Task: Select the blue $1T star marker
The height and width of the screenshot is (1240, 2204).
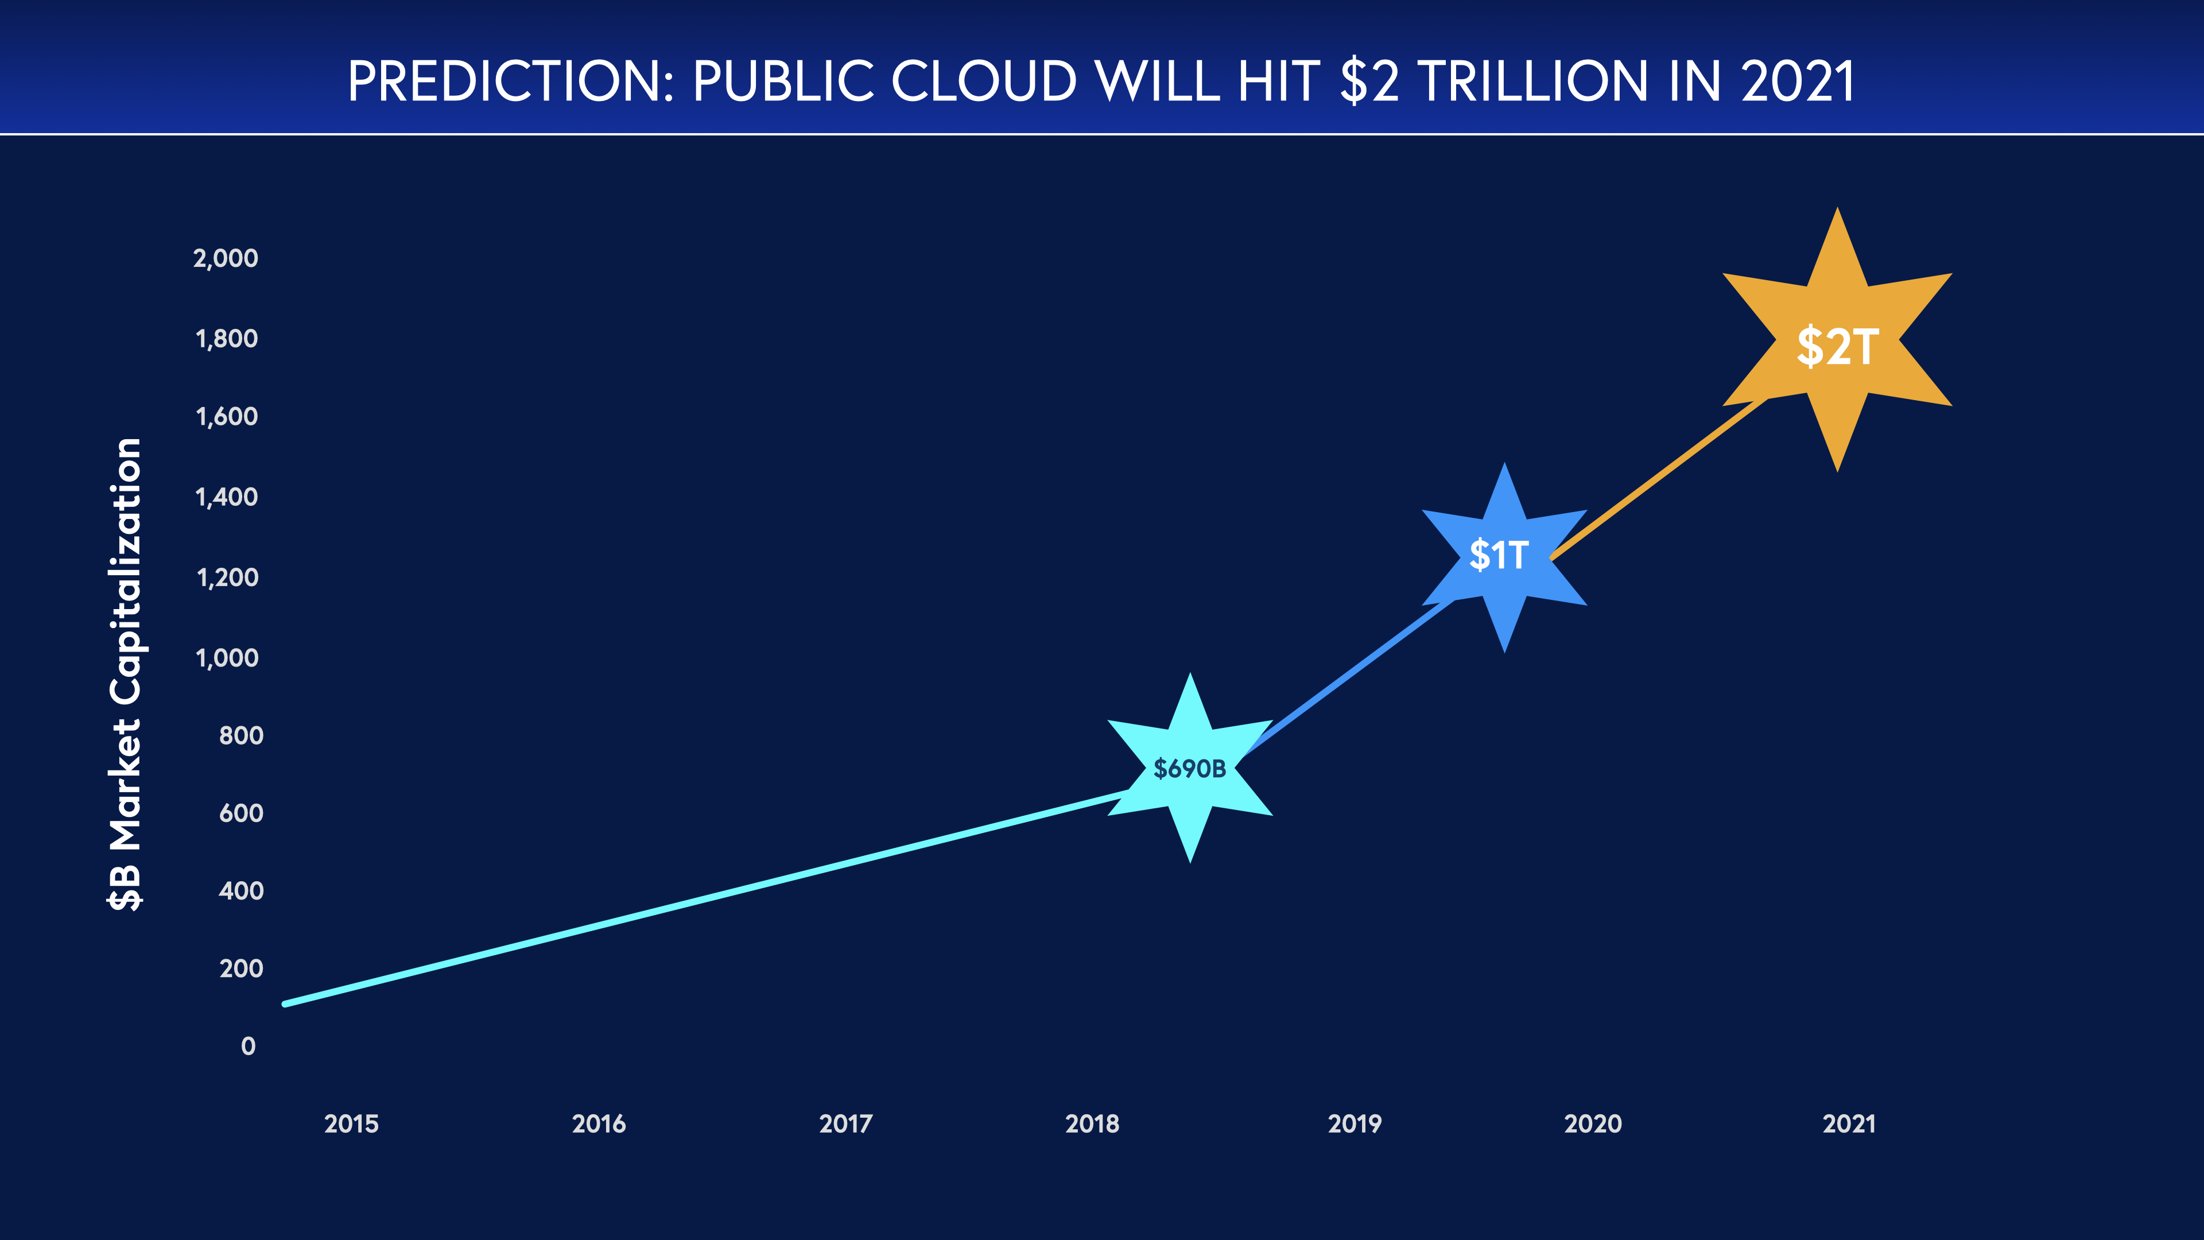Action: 1503,556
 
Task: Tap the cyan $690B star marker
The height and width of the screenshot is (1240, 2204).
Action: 1189,768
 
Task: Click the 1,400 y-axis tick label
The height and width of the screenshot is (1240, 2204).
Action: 227,497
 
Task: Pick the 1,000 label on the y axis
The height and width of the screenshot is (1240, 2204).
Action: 227,658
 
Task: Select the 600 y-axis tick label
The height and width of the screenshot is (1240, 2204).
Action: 241,813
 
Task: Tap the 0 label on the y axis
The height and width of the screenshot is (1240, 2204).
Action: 248,1046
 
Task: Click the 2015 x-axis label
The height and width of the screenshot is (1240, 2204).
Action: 351,1123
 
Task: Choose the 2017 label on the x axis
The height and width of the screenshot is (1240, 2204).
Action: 845,1123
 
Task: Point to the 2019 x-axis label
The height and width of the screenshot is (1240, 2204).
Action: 1355,1123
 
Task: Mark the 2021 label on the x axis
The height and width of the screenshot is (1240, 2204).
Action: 1848,1123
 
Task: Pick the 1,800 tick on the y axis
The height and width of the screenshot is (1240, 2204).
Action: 227,339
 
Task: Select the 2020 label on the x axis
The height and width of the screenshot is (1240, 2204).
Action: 1592,1123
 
